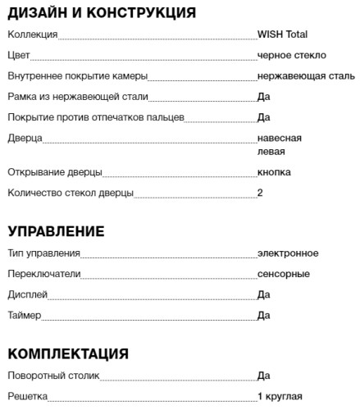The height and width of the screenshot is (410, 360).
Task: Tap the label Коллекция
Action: click(32, 34)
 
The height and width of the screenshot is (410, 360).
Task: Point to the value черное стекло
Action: click(291, 55)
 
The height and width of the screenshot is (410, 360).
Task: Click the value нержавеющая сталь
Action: click(305, 76)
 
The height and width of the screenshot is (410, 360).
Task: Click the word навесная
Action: click(279, 138)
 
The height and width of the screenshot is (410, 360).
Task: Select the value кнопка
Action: click(274, 172)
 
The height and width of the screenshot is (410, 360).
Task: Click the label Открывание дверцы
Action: click(54, 172)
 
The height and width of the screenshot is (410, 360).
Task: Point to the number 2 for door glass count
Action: click(260, 194)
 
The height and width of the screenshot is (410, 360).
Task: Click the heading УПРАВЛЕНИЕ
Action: click(67, 230)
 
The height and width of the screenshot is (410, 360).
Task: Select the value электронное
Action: click(287, 253)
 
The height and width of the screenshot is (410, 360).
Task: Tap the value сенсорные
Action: click(283, 273)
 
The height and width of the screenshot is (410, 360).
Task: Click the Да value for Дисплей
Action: click(263, 294)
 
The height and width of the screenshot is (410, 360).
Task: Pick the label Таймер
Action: click(24, 315)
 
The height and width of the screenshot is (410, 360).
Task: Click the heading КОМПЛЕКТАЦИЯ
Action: click(68, 353)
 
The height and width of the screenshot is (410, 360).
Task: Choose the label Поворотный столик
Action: click(53, 376)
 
